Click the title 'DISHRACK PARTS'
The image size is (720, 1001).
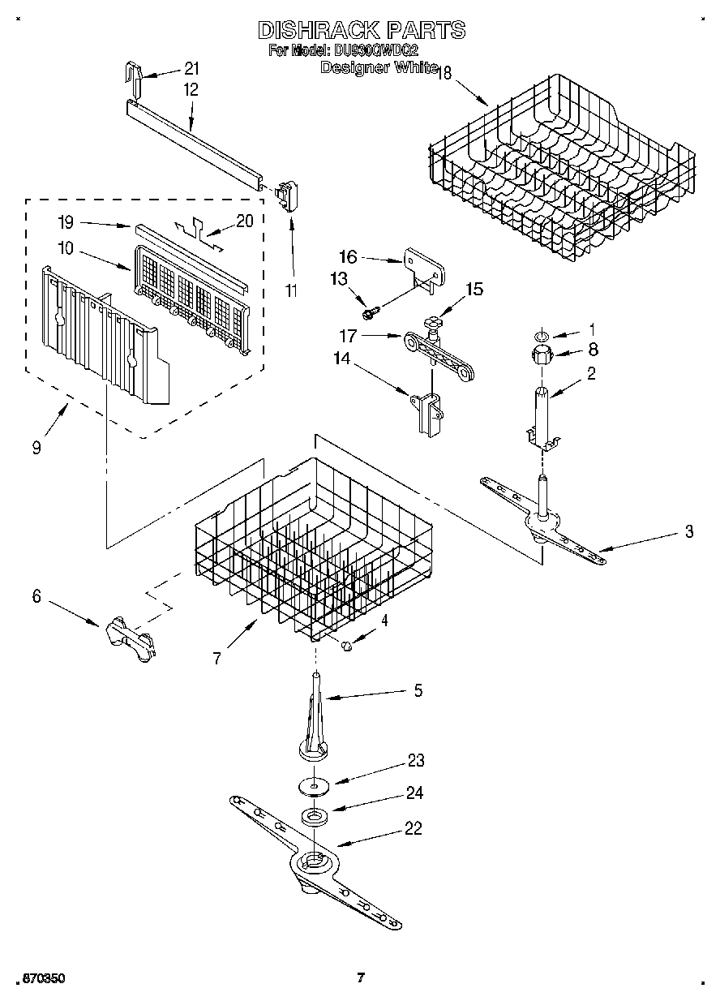coord(362,30)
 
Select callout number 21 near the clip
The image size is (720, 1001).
coord(191,68)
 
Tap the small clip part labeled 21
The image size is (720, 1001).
coord(133,76)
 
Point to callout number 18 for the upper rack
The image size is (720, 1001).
coord(444,73)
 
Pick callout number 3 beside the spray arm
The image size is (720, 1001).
coord(688,532)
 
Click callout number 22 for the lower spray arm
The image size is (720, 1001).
coord(413,829)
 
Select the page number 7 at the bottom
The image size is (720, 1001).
coord(361,977)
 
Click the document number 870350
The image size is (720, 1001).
coord(38,978)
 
